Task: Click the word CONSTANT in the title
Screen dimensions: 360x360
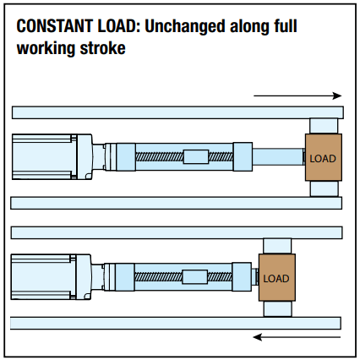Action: [54, 26]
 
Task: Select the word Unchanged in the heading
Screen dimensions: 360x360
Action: [185, 26]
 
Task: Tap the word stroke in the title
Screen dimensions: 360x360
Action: [102, 48]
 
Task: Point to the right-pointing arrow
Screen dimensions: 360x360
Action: [297, 95]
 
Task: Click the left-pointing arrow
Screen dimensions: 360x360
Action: [297, 337]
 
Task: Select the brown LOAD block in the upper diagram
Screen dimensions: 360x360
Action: [324, 157]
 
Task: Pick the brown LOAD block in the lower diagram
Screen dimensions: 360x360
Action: [277, 277]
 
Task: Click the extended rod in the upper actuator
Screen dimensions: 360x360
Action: [278, 156]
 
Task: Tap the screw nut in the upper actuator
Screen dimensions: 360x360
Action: [196, 156]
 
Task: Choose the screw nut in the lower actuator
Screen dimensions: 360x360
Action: [195, 277]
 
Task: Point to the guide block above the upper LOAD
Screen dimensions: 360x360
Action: [324, 126]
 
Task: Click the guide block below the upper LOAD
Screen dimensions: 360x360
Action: [324, 188]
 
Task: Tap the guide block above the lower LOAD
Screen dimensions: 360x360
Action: [277, 246]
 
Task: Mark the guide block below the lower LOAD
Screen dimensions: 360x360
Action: [277, 308]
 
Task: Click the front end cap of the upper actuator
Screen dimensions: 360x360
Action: [243, 156]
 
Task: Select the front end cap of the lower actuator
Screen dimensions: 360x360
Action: [242, 277]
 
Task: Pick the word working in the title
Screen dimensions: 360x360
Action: [46, 48]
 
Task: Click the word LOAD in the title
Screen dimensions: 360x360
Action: [118, 26]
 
